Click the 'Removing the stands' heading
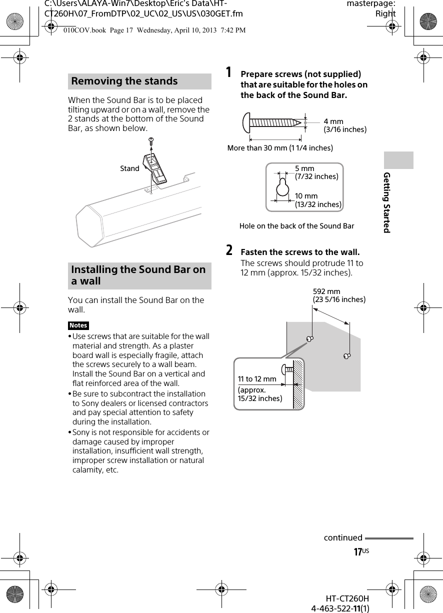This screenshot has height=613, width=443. point(124,81)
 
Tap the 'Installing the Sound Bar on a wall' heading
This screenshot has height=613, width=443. point(138,275)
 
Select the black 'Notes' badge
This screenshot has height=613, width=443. point(78,325)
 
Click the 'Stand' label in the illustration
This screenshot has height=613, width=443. point(129,168)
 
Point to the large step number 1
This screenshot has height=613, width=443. point(228,73)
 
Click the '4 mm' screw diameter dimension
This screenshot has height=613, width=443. point(333,121)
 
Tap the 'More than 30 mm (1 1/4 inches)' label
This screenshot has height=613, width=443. point(280,148)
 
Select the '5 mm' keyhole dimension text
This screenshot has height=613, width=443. point(304,168)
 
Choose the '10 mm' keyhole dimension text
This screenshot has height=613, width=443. point(306,196)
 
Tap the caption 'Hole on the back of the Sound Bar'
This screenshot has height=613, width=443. point(296,226)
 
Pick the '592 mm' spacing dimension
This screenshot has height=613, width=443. point(326,291)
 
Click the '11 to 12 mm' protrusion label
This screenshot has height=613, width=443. point(257,379)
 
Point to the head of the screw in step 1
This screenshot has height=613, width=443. point(246,121)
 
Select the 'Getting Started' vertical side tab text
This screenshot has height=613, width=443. point(386,202)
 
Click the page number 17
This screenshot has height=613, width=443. point(358,552)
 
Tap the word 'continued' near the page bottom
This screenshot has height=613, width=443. point(343,538)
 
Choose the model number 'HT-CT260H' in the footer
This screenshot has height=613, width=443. point(347,598)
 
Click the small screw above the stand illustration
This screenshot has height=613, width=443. point(150,141)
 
